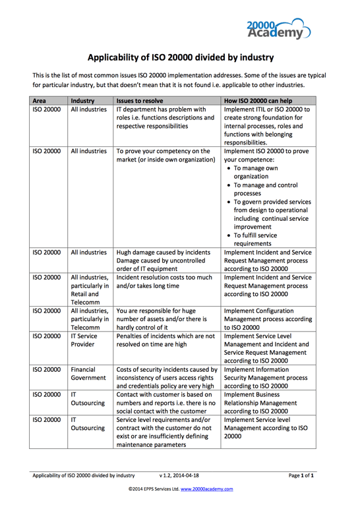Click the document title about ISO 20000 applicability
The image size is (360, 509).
click(180, 57)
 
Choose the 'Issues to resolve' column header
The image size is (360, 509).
click(139, 100)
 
